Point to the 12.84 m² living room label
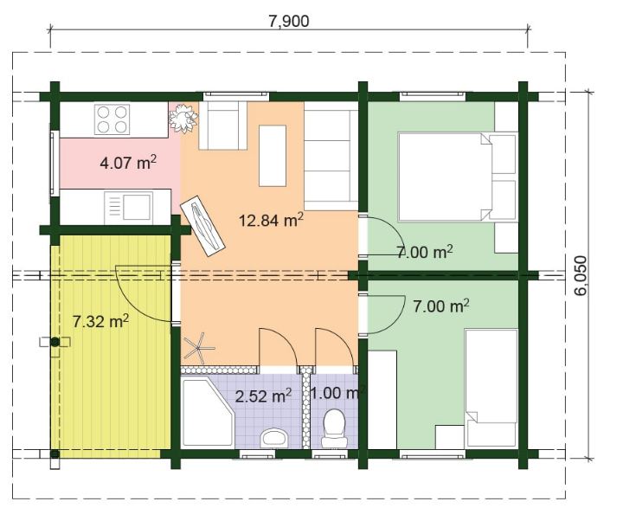click(x=271, y=220)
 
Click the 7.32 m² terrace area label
click(x=100, y=321)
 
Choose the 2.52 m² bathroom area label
click(x=263, y=396)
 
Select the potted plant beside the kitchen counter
click(x=183, y=118)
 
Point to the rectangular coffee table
click(x=273, y=155)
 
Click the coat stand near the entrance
click(x=197, y=348)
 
